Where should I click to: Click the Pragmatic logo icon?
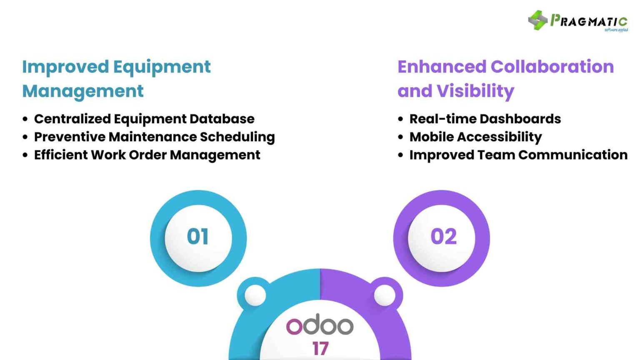click(x=537, y=20)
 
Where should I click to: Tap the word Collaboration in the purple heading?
click(x=552, y=67)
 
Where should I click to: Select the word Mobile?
click(x=431, y=137)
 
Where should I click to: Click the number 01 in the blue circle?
click(x=198, y=237)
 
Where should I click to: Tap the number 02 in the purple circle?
click(x=443, y=237)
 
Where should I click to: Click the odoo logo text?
click(x=320, y=325)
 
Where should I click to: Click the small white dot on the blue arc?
click(x=255, y=295)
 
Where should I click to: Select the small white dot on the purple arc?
click(x=385, y=295)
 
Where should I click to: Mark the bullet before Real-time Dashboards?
click(x=400, y=119)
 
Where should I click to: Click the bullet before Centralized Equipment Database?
click(x=25, y=119)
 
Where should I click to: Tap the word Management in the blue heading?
click(x=83, y=91)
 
